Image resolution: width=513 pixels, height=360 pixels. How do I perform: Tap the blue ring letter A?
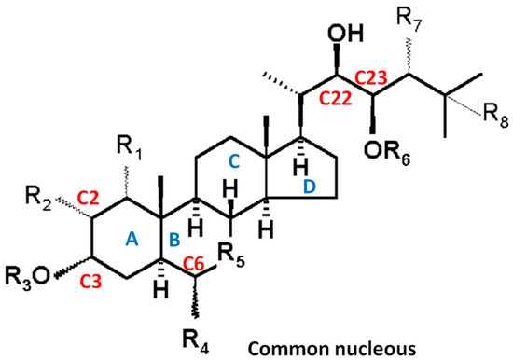pyautogui.click(x=132, y=241)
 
